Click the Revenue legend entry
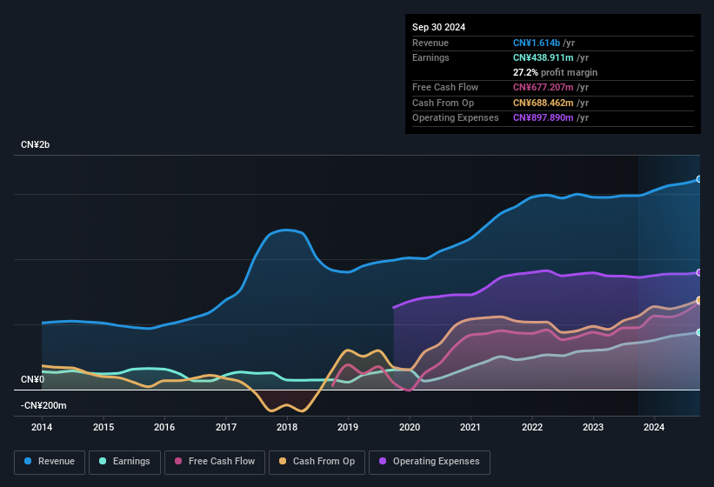pos(50,461)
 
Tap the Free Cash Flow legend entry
pos(215,461)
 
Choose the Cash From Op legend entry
pos(316,461)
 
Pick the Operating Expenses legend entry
pos(430,461)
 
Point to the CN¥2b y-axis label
pos(36,144)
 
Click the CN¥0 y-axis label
pos(32,379)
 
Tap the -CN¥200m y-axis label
pos(43,405)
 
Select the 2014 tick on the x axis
pos(42,427)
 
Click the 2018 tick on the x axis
pos(287,427)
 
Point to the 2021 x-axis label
pos(470,427)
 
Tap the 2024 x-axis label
pos(654,427)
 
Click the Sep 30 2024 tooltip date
pos(438,27)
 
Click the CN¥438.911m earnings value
pos(544,57)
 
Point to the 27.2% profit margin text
pos(555,72)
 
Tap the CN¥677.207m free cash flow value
pos(544,87)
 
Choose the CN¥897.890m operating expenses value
pos(544,117)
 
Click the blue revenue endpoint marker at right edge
pos(698,179)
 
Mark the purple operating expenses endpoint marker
pos(698,272)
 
